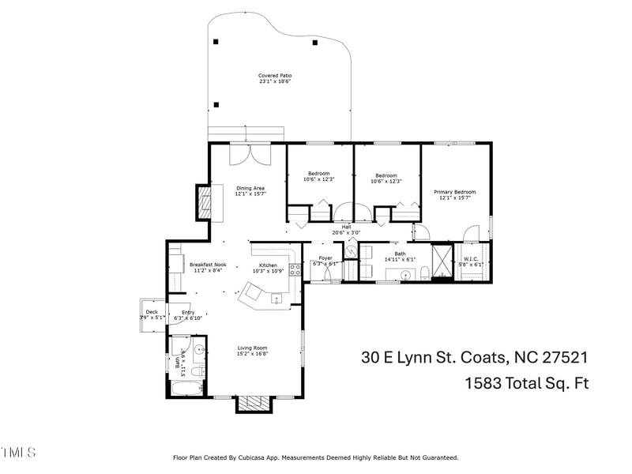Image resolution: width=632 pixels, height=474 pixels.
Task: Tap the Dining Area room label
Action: [250, 188]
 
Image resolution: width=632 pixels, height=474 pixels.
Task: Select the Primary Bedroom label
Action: [455, 192]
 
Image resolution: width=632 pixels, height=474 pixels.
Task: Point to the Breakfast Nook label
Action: [208, 265]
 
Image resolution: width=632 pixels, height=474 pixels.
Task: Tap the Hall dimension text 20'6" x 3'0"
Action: [346, 232]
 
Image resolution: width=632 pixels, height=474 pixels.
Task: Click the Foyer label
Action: [325, 258]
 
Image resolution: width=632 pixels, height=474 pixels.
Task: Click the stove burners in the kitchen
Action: [295, 269]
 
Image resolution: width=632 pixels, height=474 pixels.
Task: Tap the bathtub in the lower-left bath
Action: [185, 389]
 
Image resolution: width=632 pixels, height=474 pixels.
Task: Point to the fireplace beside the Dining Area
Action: [205, 201]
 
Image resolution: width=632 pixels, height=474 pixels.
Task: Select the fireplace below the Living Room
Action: [254, 403]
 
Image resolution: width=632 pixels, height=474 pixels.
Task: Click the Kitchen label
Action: [269, 265]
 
